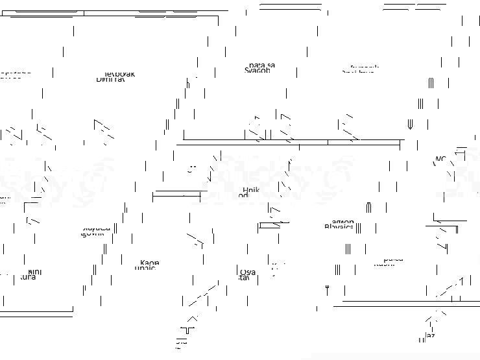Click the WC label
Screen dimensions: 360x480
[x=440, y=160]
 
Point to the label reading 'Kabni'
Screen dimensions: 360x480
[x=388, y=261]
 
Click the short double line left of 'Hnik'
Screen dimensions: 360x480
[x=176, y=193]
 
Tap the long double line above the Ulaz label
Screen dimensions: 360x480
[x=402, y=303]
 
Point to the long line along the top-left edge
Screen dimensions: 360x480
[x=114, y=12]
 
